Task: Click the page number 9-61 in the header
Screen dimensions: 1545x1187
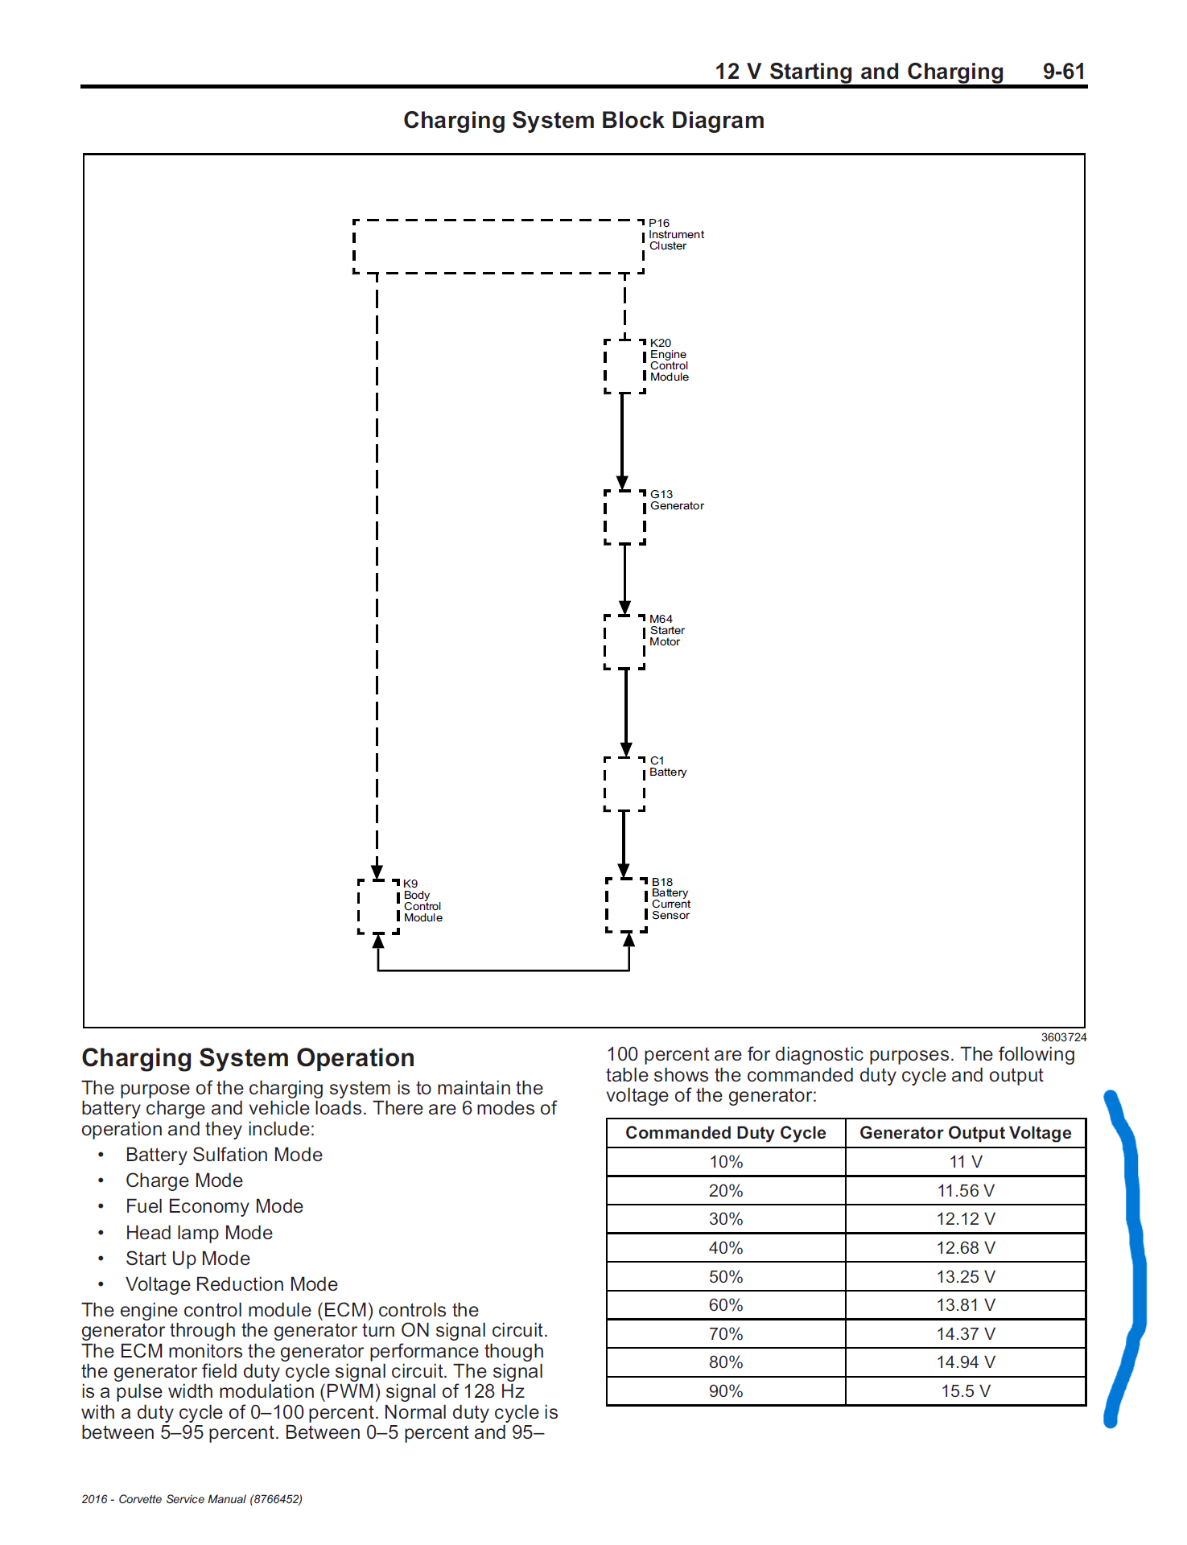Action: [x=1063, y=72]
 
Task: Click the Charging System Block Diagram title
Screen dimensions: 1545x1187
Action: [x=583, y=121]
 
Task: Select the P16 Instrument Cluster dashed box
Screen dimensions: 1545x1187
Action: [x=498, y=246]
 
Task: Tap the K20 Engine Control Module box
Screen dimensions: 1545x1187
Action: [x=624, y=366]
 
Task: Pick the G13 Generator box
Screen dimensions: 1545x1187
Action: [x=624, y=517]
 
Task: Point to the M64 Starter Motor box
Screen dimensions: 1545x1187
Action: [x=624, y=642]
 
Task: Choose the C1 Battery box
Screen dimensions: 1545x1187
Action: [x=624, y=784]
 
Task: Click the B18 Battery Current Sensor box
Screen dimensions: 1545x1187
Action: [x=626, y=905]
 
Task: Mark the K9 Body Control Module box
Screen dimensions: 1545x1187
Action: [x=378, y=906]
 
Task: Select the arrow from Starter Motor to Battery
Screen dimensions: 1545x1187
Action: [x=626, y=712]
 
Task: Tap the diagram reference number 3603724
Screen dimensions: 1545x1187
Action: [x=1063, y=1037]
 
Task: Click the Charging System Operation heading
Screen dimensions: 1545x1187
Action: [x=248, y=1058]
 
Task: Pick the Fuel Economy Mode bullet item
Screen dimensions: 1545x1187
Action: [x=214, y=1206]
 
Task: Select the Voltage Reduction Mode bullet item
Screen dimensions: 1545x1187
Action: [x=231, y=1284]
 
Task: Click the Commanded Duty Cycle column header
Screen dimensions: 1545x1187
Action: [x=725, y=1133]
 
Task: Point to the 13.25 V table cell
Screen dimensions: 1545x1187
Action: [x=965, y=1277]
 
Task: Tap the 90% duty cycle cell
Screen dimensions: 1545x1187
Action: [x=725, y=1391]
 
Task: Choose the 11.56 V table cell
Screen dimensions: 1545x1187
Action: [x=965, y=1191]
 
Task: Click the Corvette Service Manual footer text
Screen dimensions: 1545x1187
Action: [x=192, y=1499]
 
